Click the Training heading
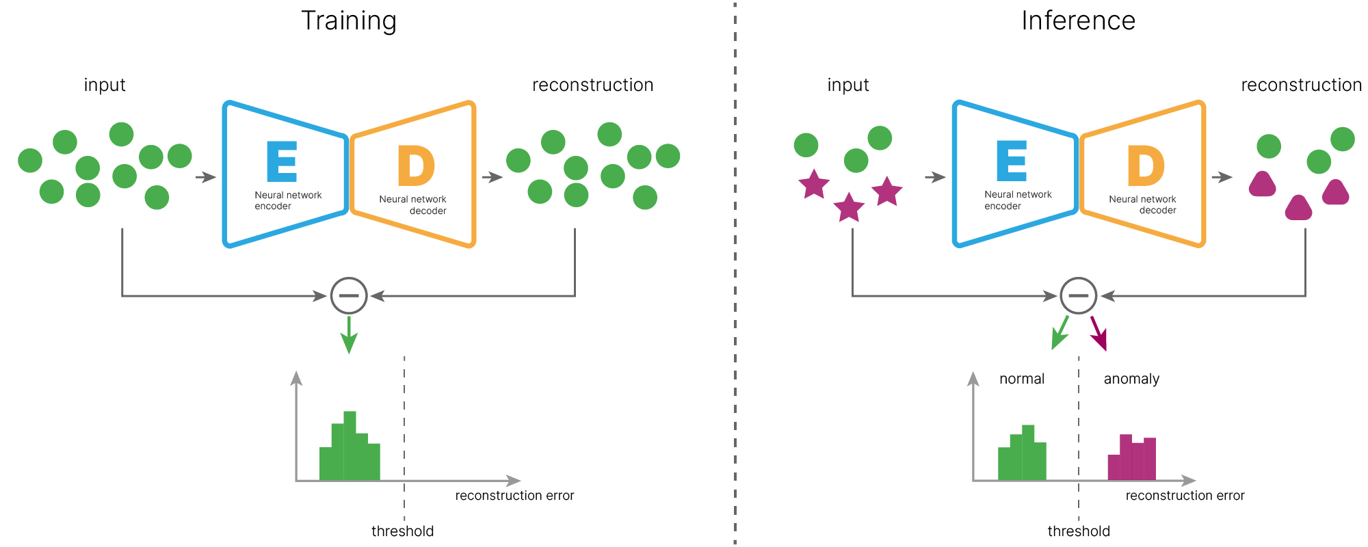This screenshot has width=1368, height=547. coord(349,21)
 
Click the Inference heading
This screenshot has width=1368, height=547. coord(1078,21)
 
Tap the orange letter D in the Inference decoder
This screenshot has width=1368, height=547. coord(1145,165)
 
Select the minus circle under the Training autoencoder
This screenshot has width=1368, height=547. coord(349,295)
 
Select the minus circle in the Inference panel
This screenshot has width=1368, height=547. coord(1078,295)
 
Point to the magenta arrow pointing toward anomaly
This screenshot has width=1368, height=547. coord(1099,333)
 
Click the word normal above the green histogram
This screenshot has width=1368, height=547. coord(1021,379)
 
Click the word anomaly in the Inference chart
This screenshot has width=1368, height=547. coord(1131,379)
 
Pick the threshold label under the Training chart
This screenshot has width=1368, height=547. coord(402,531)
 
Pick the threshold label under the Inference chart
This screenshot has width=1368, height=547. coord(1078,531)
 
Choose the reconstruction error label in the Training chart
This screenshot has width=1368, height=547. coord(514,496)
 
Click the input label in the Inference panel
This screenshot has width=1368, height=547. coord(847,85)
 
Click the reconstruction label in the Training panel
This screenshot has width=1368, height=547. coord(592,85)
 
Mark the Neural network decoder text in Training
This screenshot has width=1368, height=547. coord(413,204)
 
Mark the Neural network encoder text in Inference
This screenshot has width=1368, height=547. coord(1018,200)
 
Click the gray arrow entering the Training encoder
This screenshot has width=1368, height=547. coord(205,177)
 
